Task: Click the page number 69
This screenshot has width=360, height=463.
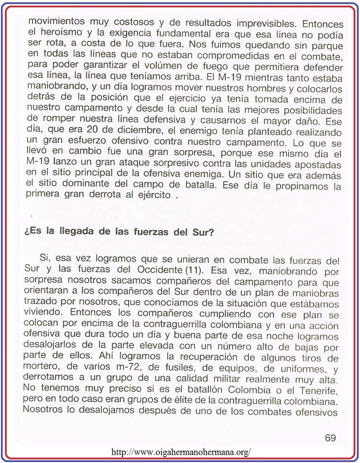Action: pos(330,438)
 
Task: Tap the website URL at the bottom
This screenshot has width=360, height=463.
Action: pos(181,452)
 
